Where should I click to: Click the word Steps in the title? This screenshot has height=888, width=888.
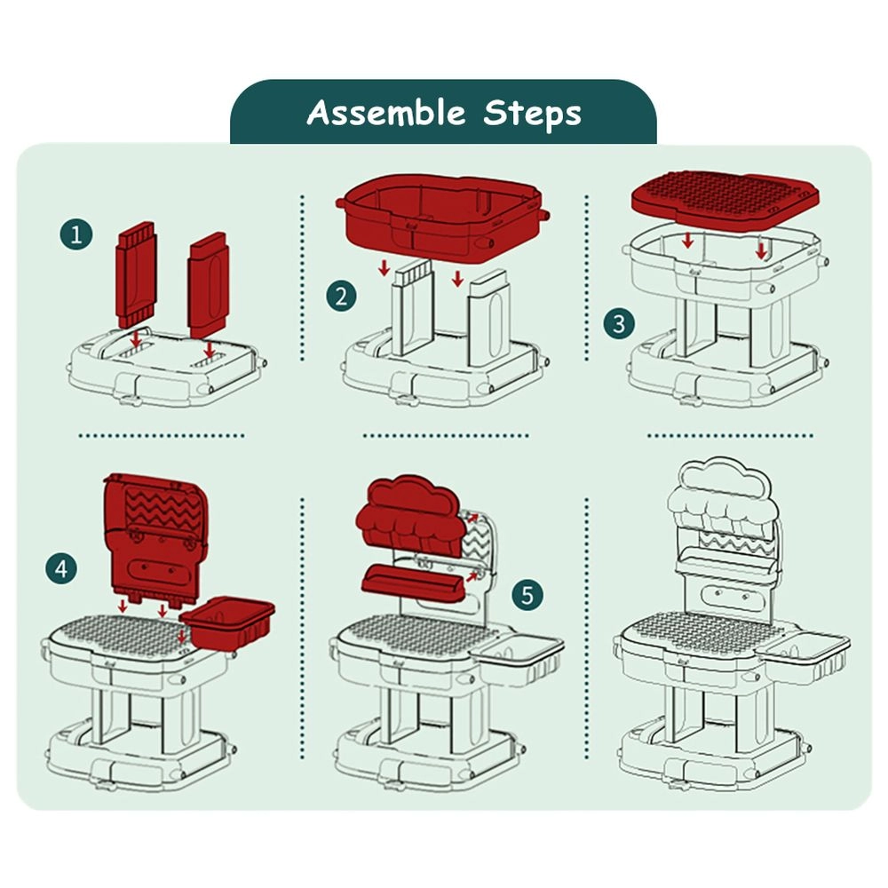(532, 114)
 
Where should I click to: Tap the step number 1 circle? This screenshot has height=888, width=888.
(76, 234)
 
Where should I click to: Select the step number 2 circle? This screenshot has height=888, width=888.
(341, 297)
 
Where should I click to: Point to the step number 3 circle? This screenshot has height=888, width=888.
(619, 324)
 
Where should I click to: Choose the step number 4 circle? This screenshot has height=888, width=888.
(62, 568)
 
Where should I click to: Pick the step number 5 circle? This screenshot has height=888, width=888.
(527, 595)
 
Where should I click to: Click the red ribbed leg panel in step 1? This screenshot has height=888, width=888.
(135, 274)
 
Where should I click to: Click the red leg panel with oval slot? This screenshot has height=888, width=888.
(209, 285)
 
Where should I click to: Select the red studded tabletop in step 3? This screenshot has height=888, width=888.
(725, 199)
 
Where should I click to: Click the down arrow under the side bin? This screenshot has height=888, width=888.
(182, 636)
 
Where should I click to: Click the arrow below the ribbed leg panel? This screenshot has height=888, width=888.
(136, 337)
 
